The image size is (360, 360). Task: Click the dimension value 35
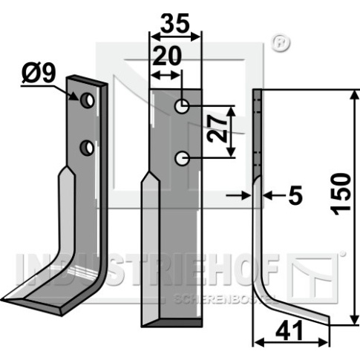[x=175, y=24]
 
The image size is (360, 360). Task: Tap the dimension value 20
[x=167, y=56]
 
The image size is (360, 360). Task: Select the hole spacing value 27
[x=217, y=129]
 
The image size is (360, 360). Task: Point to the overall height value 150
[x=341, y=194]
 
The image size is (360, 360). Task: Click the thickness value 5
[x=295, y=195]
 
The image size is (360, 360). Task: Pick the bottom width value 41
[x=289, y=331]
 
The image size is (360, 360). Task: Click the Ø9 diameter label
[x=39, y=74]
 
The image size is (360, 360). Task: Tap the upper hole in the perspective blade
[x=87, y=101]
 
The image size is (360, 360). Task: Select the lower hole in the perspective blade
[x=87, y=148]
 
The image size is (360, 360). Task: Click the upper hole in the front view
[x=182, y=106]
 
